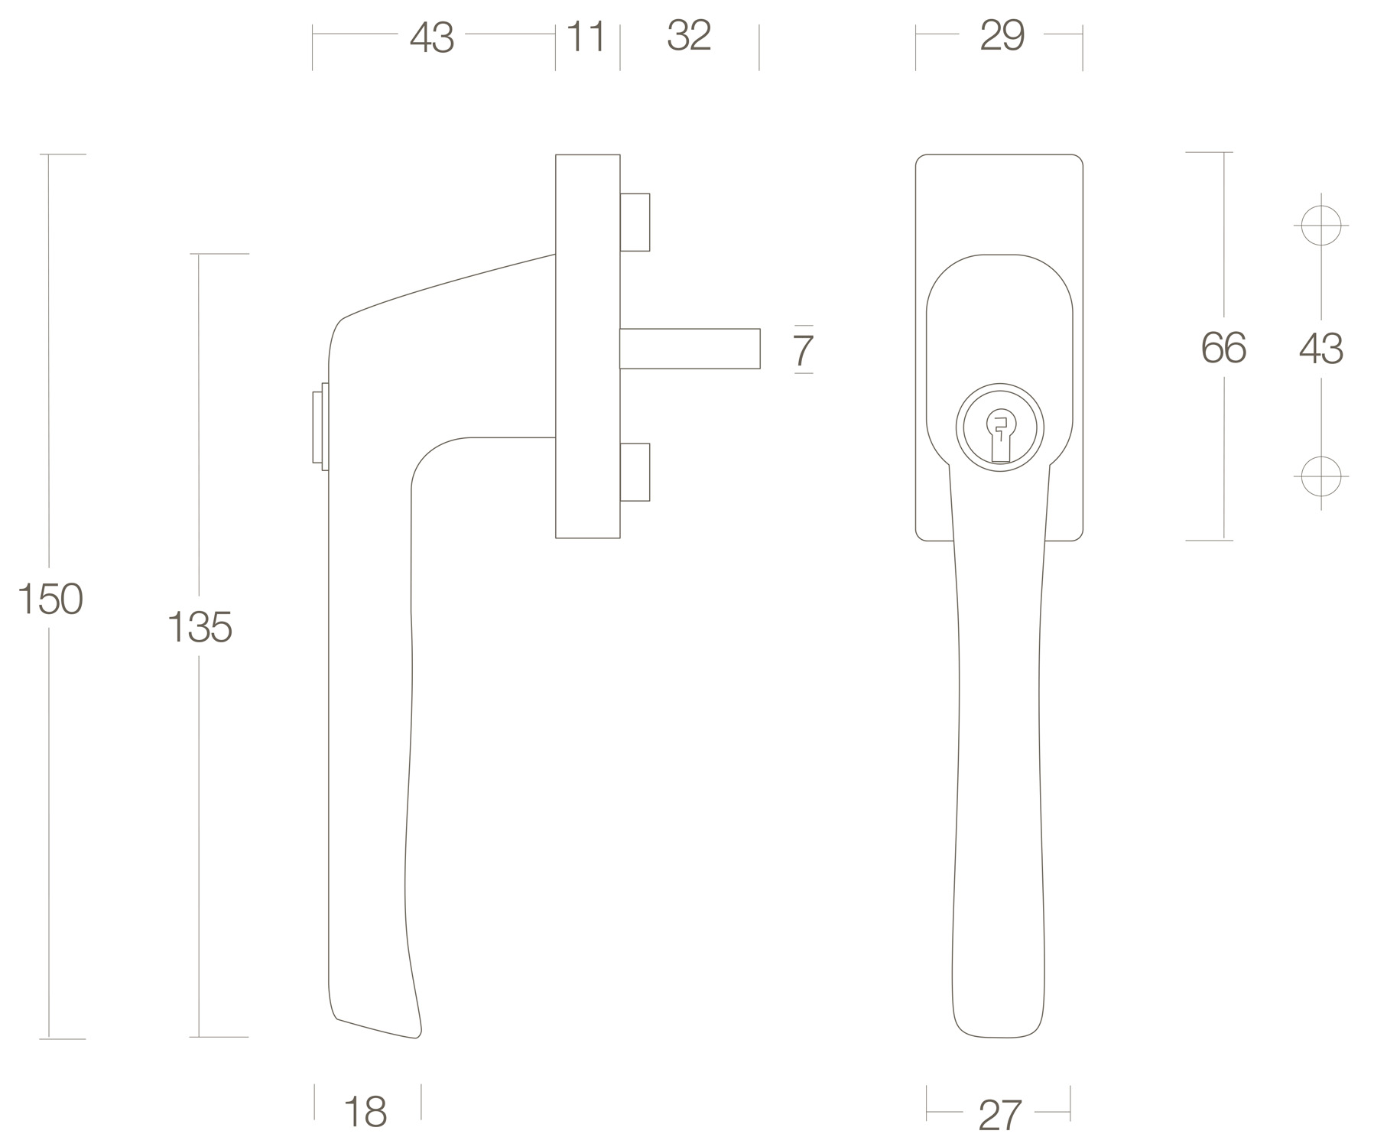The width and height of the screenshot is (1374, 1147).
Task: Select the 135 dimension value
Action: pos(200,627)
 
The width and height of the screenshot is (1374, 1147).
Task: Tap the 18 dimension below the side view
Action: pos(365,1112)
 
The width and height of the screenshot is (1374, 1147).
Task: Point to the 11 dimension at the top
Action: pos(586,37)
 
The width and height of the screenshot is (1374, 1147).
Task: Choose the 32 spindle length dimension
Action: pos(689,36)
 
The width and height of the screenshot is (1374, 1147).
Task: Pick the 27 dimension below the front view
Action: pos(999,1116)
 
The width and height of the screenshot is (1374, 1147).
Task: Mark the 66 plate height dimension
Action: pos(1223,348)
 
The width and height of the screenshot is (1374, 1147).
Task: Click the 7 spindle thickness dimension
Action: pos(803,351)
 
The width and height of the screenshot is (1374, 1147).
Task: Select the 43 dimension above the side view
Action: pos(432,37)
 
